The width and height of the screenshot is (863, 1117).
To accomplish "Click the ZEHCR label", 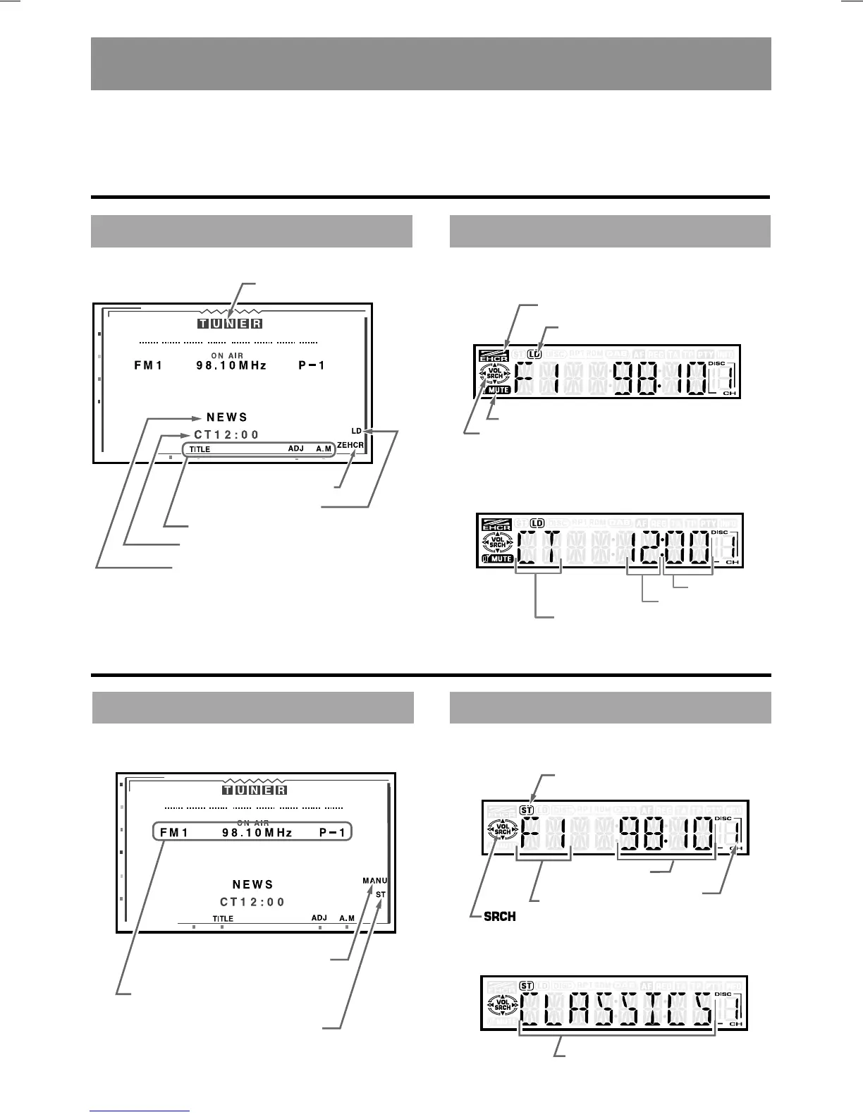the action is [x=350, y=445].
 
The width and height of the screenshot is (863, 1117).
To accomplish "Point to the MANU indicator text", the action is [x=375, y=880].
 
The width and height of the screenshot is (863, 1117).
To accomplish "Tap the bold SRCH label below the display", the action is [x=500, y=917].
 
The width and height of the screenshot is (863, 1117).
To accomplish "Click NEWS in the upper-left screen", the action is [x=227, y=417].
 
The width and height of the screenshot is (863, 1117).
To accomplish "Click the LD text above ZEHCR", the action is [x=356, y=430].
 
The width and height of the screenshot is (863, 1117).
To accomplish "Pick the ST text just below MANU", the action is [x=381, y=894].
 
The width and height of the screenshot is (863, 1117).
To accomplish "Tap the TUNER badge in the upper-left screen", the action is [x=230, y=324].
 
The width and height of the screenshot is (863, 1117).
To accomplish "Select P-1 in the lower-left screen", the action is [x=333, y=833].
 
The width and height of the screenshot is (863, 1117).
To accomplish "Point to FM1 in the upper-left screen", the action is [x=148, y=366].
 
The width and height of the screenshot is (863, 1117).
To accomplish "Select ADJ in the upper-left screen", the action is [x=296, y=448].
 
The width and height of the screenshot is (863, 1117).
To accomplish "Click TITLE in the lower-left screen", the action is [x=223, y=919].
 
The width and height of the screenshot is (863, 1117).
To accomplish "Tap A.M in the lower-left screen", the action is [x=347, y=918].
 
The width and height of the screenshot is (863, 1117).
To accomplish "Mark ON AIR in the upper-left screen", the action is [x=227, y=355].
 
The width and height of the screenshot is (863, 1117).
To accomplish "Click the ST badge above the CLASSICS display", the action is [x=526, y=985].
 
